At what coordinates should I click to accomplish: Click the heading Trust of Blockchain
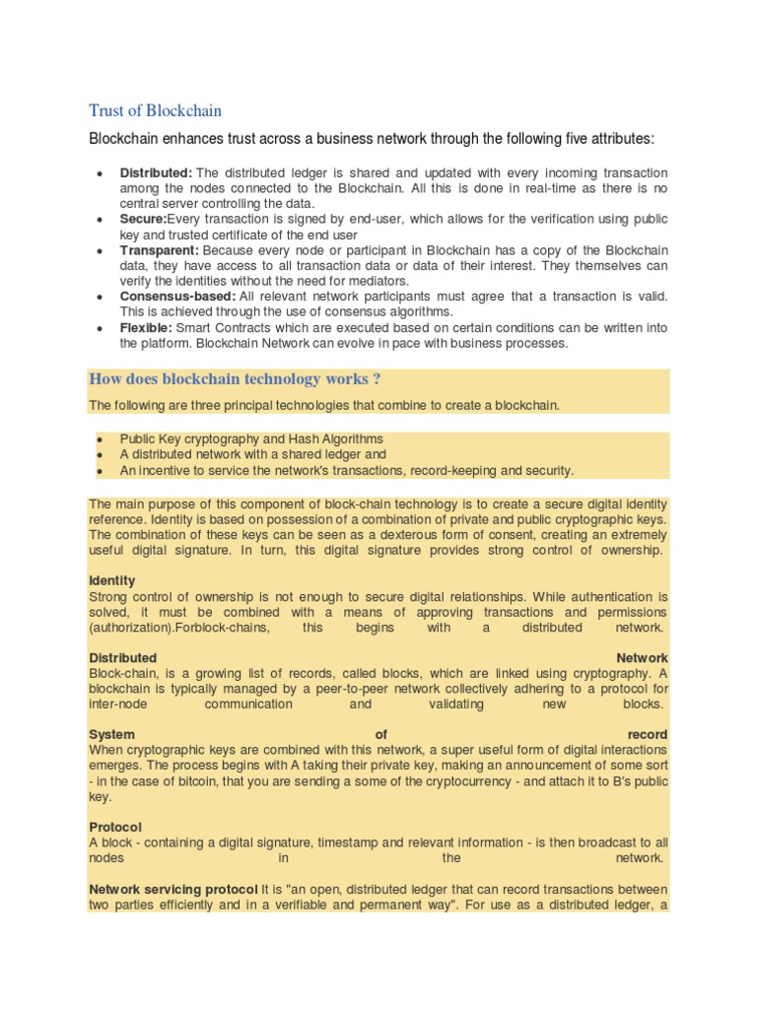[156, 109]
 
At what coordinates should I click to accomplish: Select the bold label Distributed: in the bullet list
[157, 172]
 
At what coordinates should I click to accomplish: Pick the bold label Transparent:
[159, 250]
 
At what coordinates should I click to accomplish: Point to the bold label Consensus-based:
[177, 297]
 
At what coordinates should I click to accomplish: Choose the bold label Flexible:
[145, 328]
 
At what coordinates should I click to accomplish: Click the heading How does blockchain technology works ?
[236, 378]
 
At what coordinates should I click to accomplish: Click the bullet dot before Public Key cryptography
[102, 439]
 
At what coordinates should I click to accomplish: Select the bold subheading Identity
[112, 580]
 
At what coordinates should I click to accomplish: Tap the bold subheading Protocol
[115, 827]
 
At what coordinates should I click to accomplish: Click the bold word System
[112, 735]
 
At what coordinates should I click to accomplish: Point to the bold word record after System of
[647, 735]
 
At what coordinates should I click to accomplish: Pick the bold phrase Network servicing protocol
[173, 890]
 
